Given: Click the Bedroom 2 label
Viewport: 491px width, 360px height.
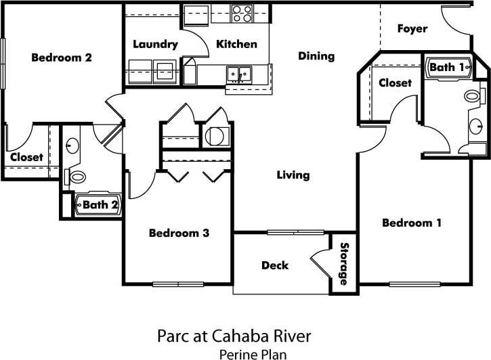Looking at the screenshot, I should [x=62, y=58].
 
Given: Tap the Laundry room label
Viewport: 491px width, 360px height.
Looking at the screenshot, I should [x=155, y=45].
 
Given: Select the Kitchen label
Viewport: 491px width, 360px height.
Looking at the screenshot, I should [x=236, y=45].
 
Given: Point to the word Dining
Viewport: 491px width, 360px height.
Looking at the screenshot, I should [x=316, y=56].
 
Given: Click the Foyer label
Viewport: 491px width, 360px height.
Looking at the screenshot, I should [x=412, y=28].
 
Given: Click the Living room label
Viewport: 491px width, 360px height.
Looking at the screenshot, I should [x=293, y=175].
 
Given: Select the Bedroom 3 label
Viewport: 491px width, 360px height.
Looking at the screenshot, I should [x=179, y=233].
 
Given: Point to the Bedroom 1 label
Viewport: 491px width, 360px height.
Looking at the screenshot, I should [x=412, y=223].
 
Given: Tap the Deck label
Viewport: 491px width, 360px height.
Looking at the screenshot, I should [x=275, y=265].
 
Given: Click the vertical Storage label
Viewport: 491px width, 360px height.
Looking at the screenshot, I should [x=344, y=263].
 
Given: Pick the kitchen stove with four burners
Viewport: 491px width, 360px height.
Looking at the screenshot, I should [x=242, y=13].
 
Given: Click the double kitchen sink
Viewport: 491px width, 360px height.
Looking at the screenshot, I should [x=238, y=72].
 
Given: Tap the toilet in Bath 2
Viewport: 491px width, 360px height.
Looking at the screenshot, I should [x=77, y=177].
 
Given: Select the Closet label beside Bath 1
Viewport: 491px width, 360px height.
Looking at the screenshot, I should [x=395, y=83].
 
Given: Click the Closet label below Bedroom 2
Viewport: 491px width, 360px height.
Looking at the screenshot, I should [x=26, y=157].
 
